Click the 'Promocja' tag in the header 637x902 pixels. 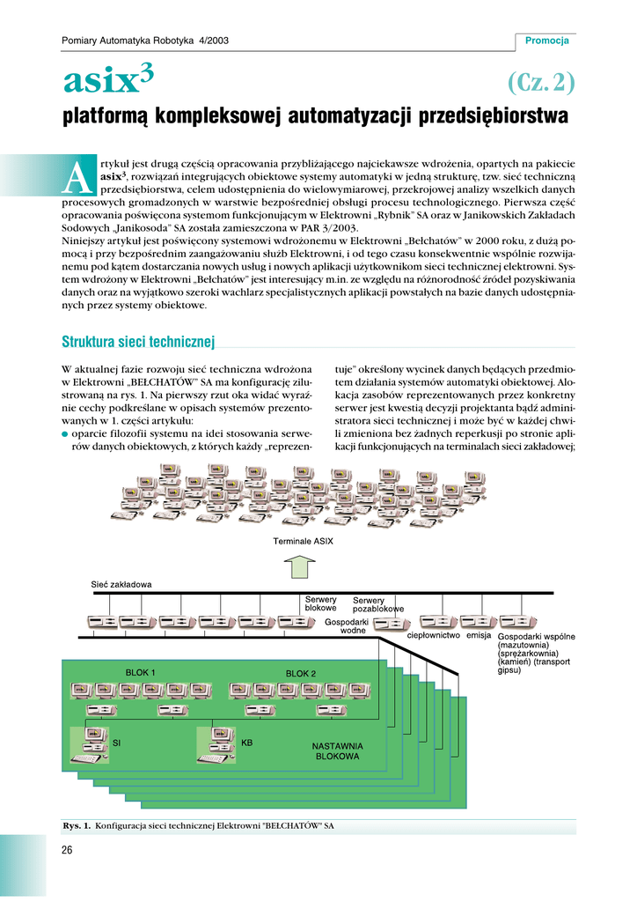[546, 41]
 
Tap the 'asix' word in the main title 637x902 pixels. [99, 82]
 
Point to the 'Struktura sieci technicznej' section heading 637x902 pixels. [138, 342]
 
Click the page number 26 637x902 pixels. [68, 849]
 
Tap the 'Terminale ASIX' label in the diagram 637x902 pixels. [301, 541]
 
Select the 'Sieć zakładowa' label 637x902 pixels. [121, 584]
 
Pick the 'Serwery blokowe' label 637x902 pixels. [320, 603]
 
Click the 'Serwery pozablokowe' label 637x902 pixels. [378, 604]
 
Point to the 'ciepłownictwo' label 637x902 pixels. [434, 634]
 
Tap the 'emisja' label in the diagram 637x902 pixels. [479, 634]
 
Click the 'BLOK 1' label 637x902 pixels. [141, 672]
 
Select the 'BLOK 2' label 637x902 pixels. [300, 673]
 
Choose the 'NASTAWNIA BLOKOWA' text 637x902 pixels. [338, 750]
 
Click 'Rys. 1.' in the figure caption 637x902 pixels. [77, 826]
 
